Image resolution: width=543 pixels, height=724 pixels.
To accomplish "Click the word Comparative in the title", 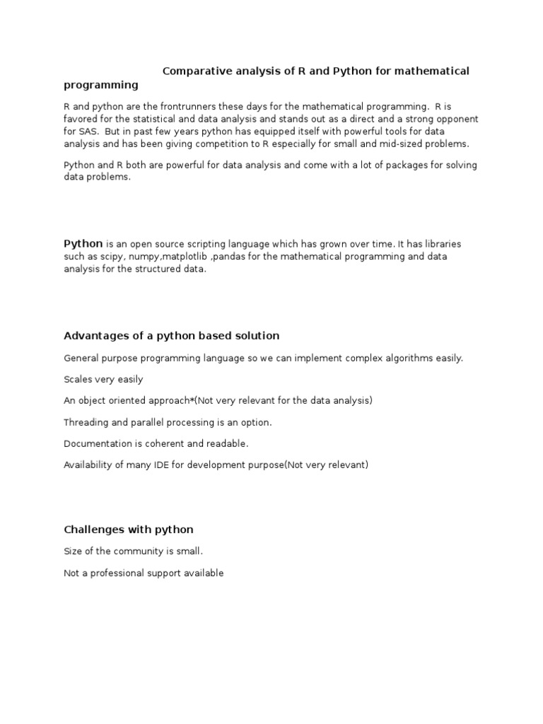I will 193,71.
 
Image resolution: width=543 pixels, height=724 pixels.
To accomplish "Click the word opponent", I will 455,119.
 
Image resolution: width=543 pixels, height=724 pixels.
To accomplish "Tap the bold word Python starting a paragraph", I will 83,244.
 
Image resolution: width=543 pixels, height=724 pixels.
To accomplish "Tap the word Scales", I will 78,379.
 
